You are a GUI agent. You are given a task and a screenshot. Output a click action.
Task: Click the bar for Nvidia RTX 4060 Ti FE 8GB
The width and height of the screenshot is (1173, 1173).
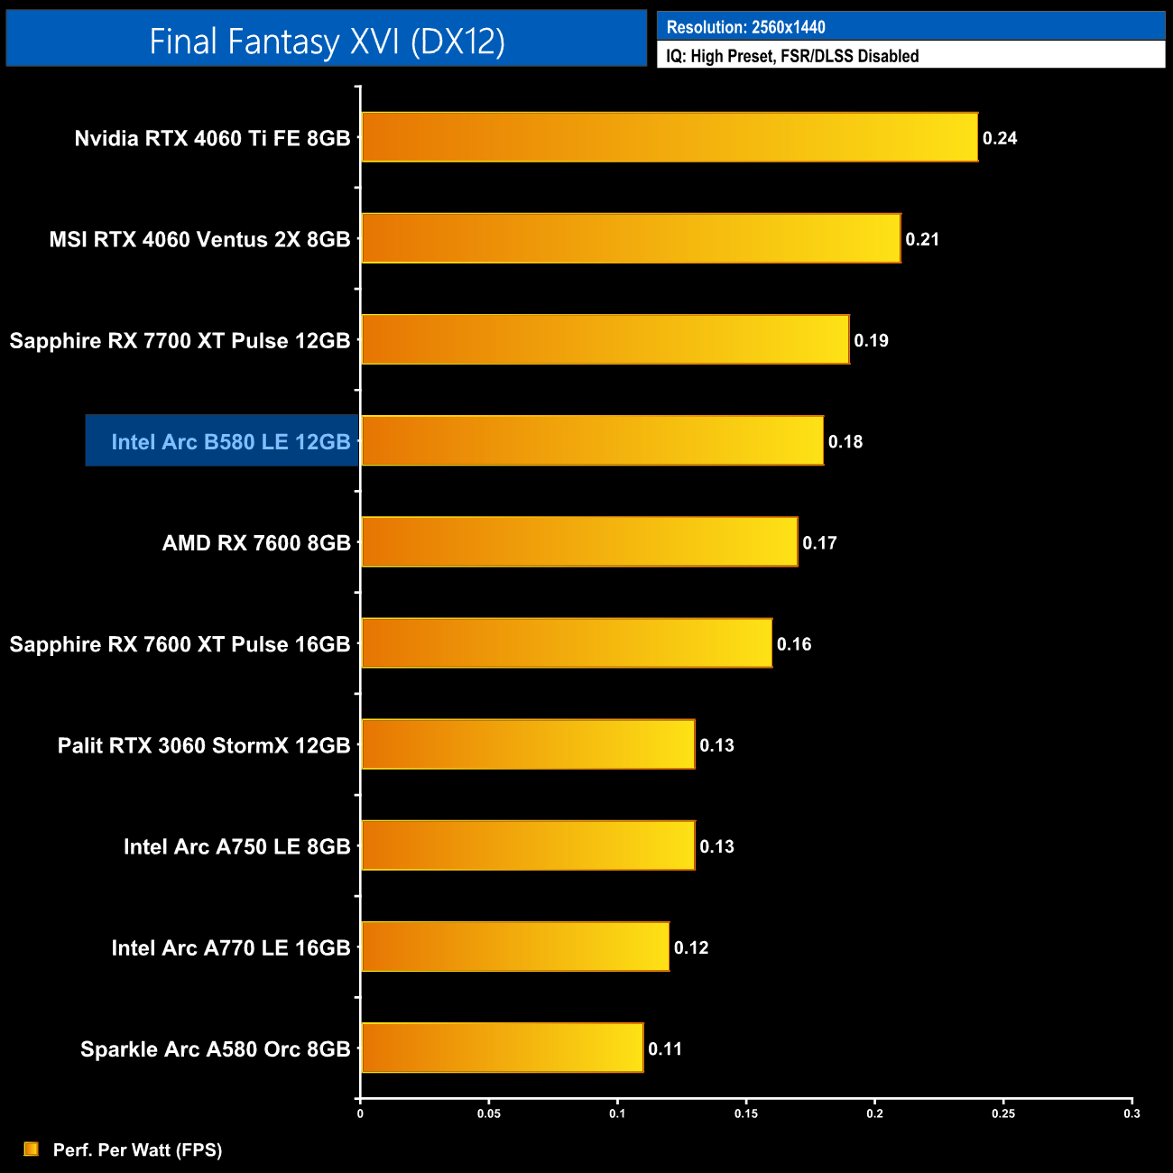click(670, 137)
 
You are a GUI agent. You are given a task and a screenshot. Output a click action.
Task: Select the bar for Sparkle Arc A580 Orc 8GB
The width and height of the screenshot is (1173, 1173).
click(502, 1048)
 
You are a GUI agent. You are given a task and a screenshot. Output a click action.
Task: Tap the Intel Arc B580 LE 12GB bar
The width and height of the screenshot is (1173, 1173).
click(592, 440)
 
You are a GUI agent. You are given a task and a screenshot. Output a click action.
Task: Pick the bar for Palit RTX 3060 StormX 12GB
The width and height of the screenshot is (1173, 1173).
click(528, 744)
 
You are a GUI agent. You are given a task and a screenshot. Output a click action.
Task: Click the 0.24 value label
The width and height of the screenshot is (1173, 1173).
click(1000, 138)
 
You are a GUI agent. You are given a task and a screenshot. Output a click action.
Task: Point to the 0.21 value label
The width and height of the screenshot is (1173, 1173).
click(922, 239)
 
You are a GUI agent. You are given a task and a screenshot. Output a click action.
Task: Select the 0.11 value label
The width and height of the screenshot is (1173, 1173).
click(665, 1048)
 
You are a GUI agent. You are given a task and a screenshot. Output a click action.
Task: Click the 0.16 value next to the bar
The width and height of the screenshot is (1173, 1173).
click(794, 644)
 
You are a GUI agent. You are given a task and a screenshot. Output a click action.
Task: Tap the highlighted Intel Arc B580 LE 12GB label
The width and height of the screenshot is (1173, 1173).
click(230, 441)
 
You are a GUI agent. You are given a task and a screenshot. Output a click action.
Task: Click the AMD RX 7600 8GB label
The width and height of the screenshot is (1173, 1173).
click(256, 543)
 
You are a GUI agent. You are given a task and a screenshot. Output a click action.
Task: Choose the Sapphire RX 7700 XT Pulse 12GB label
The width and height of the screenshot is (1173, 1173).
click(180, 341)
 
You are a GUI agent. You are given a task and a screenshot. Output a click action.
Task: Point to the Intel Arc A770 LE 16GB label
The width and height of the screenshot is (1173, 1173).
click(230, 948)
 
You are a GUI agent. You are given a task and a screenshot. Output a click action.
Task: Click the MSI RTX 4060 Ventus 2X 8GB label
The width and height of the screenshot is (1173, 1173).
click(199, 240)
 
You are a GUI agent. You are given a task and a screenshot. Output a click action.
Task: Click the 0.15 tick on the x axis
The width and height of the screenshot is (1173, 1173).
click(746, 1113)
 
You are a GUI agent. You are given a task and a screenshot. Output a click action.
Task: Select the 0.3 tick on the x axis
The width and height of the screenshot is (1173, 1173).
click(1131, 1113)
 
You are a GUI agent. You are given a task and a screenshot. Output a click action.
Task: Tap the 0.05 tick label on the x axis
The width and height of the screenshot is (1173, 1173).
click(489, 1113)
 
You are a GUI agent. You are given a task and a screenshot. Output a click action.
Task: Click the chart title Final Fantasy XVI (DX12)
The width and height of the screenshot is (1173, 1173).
click(327, 41)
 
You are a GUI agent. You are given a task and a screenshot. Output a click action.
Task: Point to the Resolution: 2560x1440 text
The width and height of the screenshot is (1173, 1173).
click(745, 27)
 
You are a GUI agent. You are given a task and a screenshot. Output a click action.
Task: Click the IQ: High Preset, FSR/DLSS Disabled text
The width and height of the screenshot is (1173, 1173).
click(792, 56)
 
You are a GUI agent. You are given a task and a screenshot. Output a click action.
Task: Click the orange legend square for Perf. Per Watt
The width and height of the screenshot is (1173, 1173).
click(32, 1149)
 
